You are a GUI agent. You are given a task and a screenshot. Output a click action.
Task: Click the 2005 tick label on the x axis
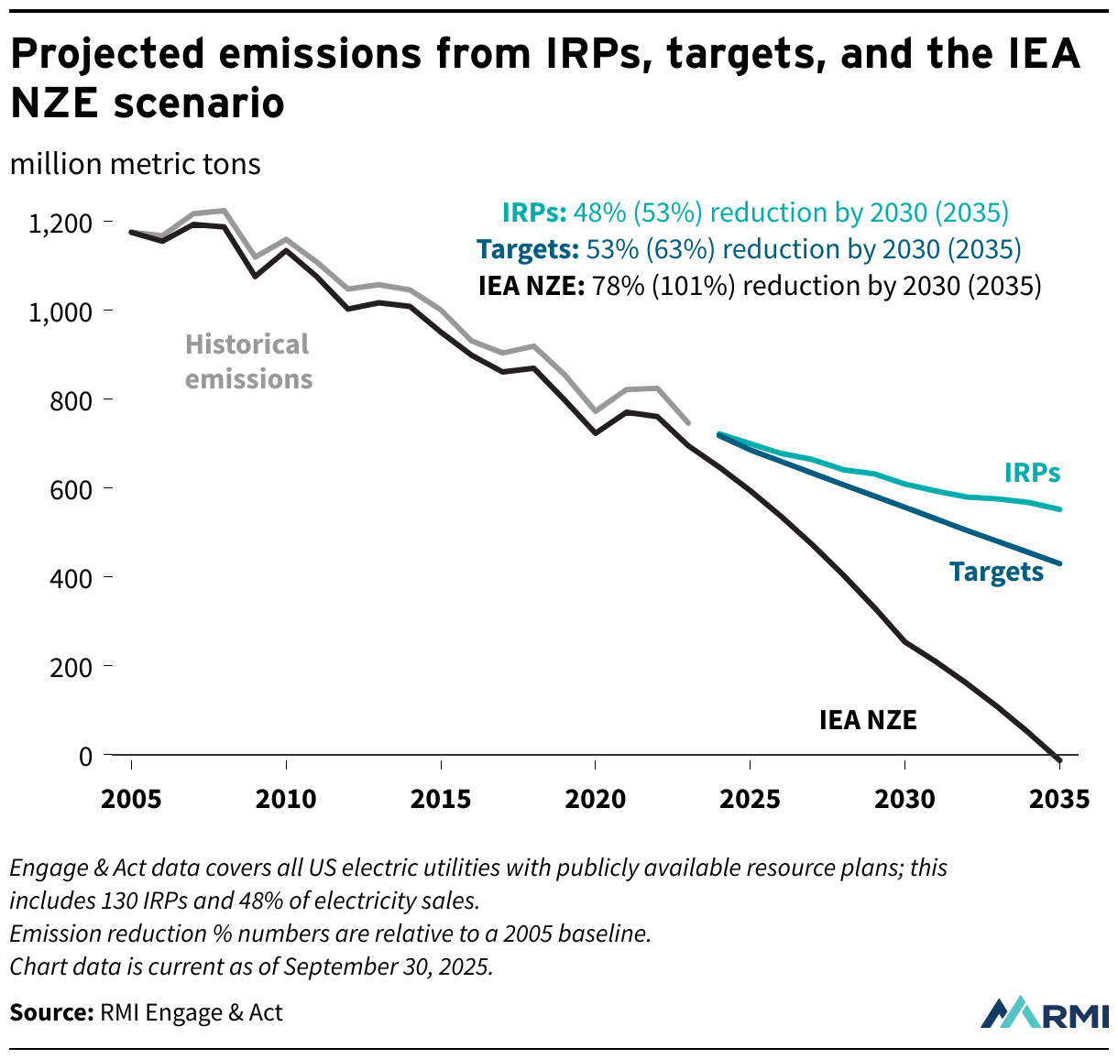point(131,800)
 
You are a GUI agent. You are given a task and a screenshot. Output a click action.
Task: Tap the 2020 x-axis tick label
point(596,800)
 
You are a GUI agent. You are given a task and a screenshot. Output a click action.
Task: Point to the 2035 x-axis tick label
point(1059,800)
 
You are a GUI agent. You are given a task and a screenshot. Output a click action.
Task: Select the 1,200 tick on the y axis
point(60,223)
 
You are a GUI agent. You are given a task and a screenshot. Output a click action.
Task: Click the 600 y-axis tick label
point(72,489)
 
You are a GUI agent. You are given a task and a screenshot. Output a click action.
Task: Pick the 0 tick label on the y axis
point(85,756)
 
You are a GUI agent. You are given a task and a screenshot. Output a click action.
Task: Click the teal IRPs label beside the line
point(1032,473)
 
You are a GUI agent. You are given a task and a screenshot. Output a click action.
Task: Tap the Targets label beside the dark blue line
point(996,572)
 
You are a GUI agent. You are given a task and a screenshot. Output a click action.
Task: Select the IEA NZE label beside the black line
point(867,720)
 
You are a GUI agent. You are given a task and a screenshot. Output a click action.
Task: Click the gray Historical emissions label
point(248,362)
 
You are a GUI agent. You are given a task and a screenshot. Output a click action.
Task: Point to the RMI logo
point(1044,1012)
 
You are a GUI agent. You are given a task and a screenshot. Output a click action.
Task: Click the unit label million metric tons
point(136,164)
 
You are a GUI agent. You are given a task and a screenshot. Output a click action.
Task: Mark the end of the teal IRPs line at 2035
point(1059,509)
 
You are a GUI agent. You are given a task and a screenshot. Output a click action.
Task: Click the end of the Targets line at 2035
point(1059,563)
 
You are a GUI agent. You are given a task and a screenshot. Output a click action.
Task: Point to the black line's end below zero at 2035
point(1059,760)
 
